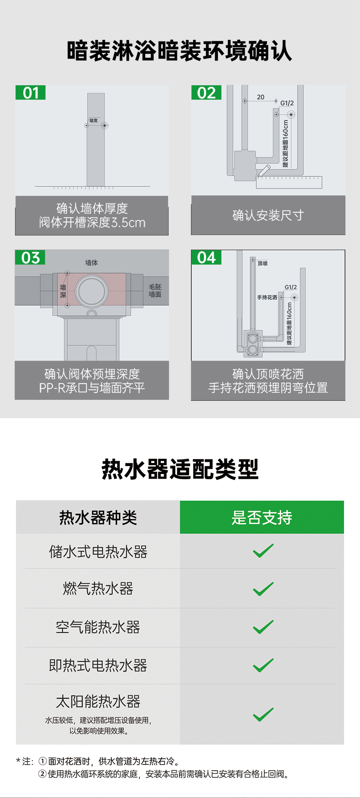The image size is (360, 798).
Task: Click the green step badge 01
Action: (x=31, y=92)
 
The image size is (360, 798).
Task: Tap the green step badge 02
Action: (x=206, y=92)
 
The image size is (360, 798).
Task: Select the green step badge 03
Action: (x=31, y=257)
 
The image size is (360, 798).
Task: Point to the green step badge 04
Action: (x=206, y=257)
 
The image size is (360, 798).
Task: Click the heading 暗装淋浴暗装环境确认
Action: (x=180, y=51)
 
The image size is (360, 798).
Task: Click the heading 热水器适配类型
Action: (x=180, y=469)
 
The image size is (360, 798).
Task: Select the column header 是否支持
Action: (x=262, y=517)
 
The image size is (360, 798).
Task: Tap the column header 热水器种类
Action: (x=98, y=517)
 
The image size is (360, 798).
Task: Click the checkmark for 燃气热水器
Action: (x=263, y=588)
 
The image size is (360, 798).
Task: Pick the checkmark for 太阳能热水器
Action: (x=263, y=714)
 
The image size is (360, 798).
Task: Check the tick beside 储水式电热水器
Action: (x=263, y=551)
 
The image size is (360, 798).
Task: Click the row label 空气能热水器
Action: (x=98, y=627)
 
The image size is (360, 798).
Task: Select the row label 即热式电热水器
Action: (x=98, y=665)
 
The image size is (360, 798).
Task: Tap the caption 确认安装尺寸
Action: (x=268, y=215)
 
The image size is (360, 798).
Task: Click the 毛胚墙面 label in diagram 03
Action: (x=155, y=291)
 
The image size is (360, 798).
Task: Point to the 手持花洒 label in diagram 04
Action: (x=267, y=297)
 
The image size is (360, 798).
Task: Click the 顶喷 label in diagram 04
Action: (x=262, y=263)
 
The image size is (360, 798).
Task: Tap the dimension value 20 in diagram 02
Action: (x=261, y=97)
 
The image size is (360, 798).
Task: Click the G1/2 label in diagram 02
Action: (x=287, y=103)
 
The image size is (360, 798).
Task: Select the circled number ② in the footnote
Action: (x=42, y=774)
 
